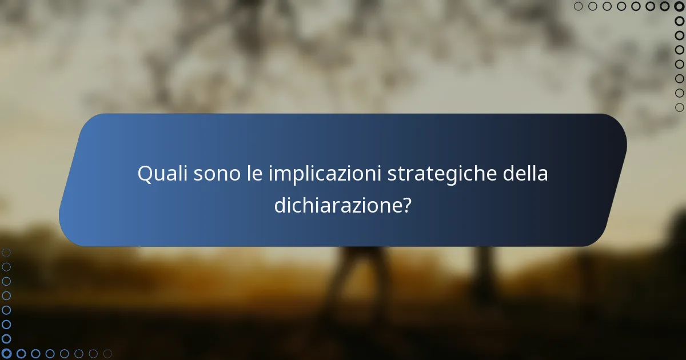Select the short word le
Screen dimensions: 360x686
point(254,174)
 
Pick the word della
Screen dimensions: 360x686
point(525,174)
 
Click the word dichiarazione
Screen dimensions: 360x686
point(337,205)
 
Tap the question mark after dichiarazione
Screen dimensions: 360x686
point(406,205)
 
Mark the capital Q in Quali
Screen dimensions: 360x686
point(145,174)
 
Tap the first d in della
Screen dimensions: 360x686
point(509,174)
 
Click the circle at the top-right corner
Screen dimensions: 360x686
point(679,6)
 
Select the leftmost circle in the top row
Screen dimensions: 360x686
point(579,6)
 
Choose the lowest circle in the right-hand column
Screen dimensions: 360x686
point(679,107)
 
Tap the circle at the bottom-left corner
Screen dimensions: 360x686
point(6,354)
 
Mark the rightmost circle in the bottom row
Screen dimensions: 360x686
point(107,354)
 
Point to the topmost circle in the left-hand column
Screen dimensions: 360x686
point(6,252)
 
